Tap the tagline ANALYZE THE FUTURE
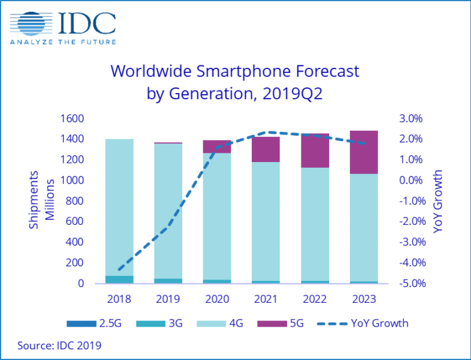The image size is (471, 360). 63,43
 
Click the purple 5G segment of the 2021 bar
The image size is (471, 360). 266,149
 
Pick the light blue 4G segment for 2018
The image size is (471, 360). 119,207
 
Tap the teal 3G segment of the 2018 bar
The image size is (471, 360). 119,280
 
